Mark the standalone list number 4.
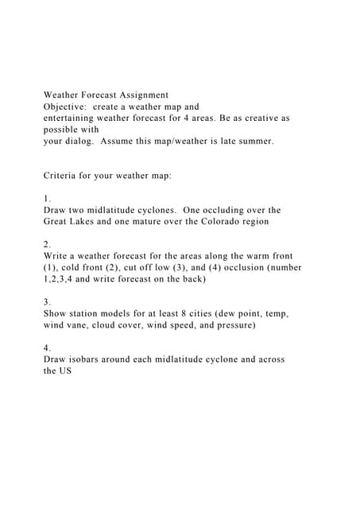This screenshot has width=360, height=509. click(47, 348)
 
